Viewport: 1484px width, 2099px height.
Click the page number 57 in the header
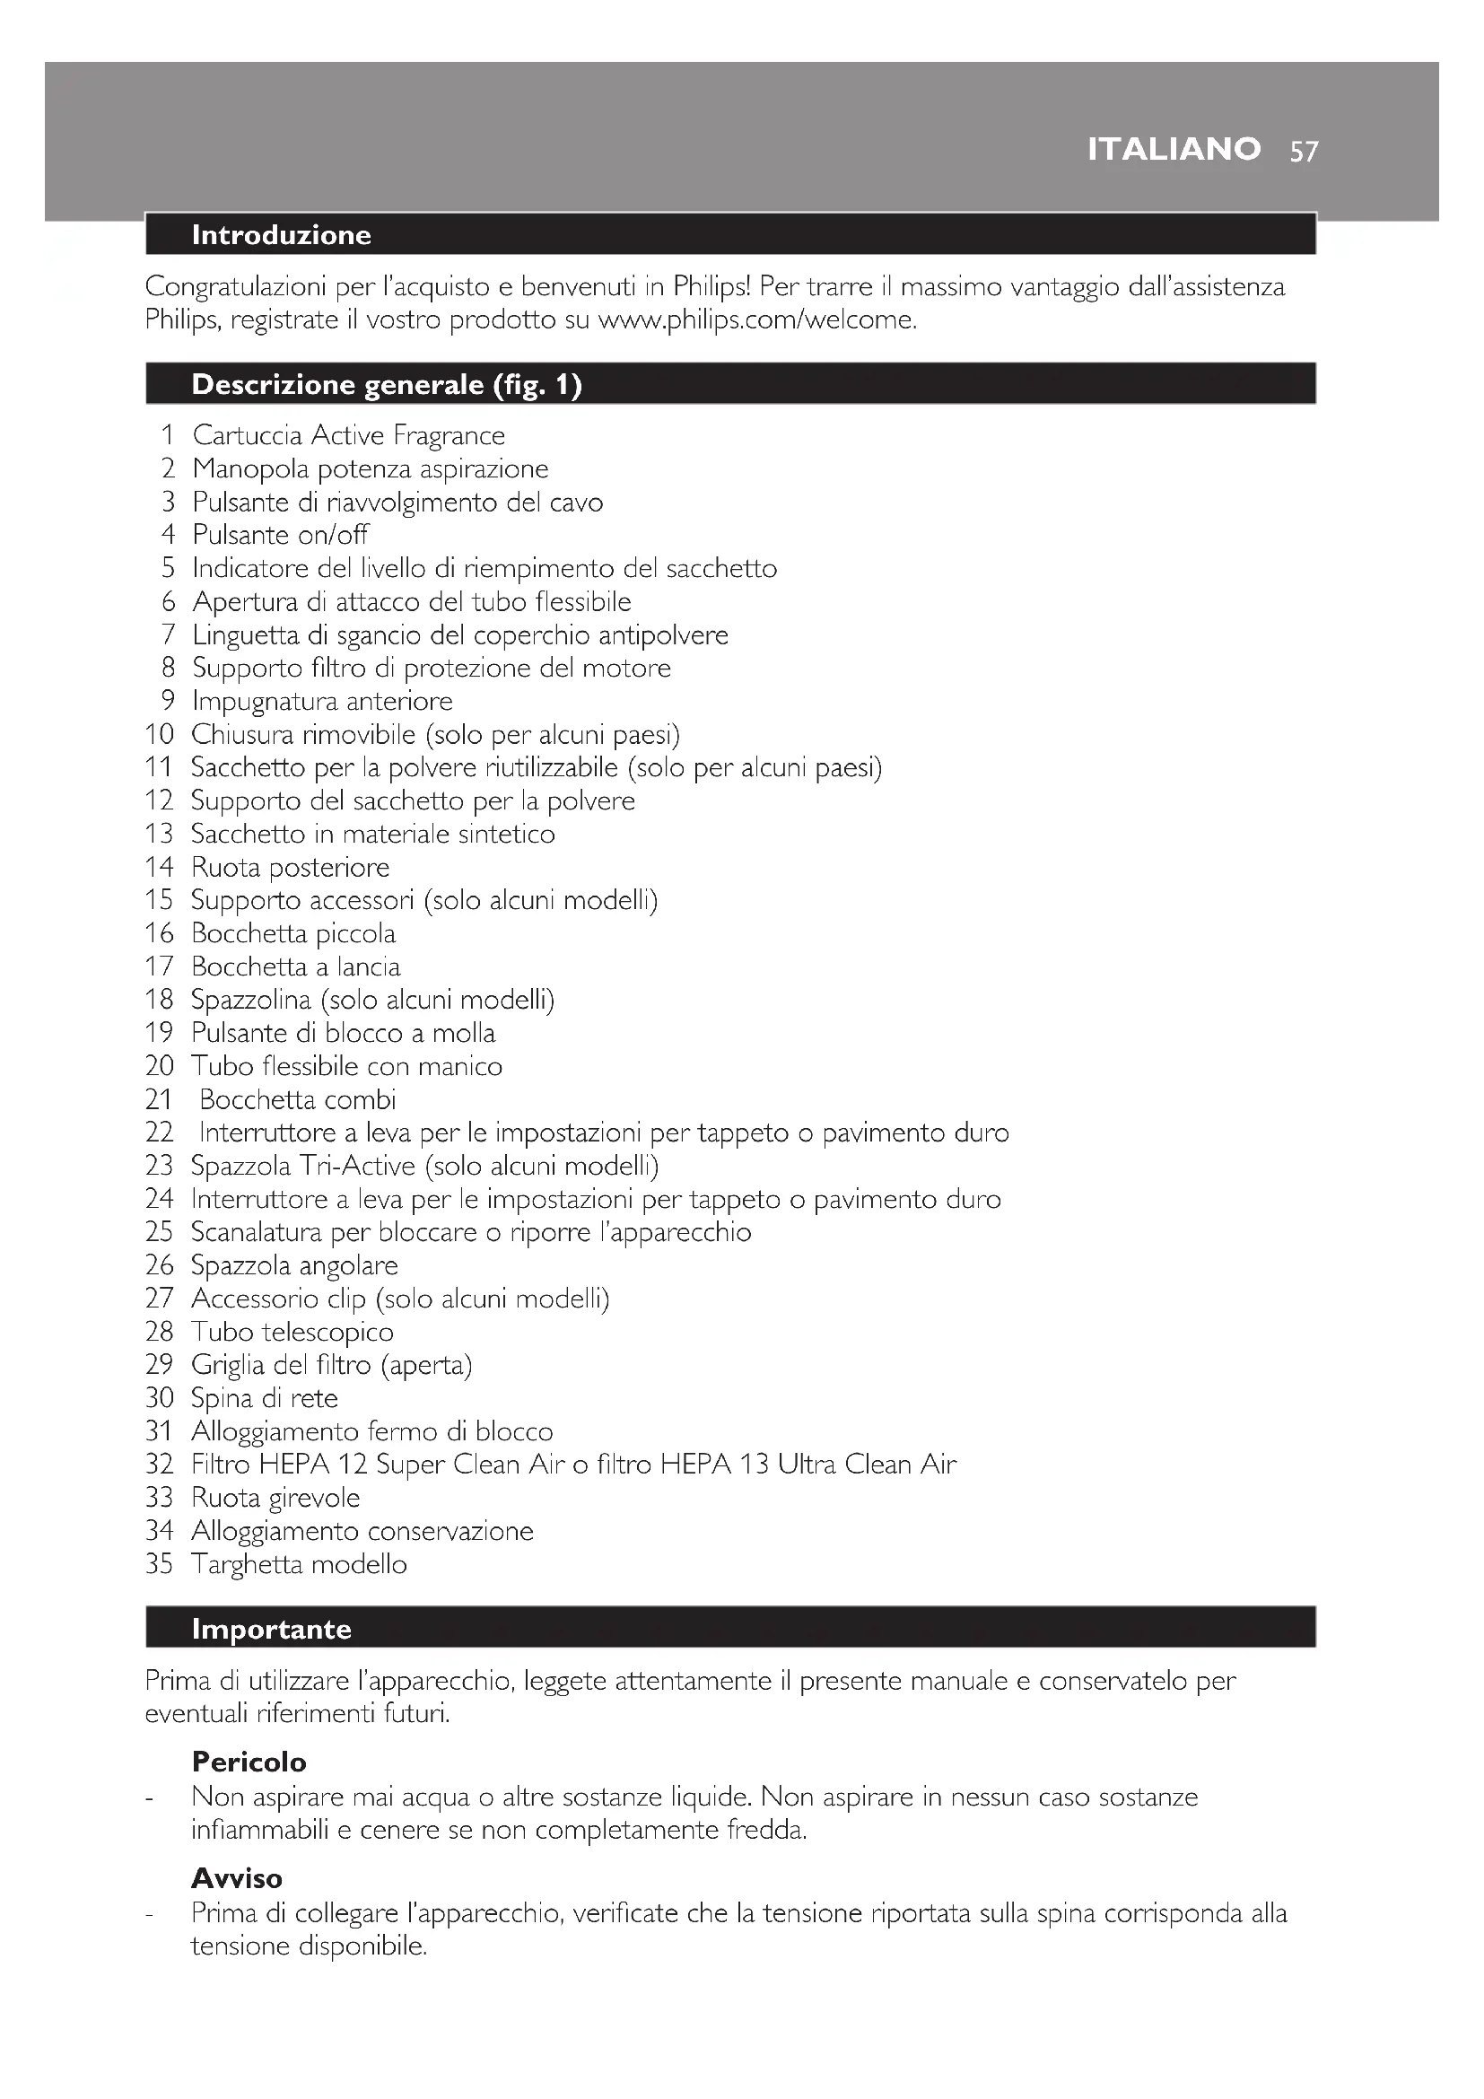point(1304,151)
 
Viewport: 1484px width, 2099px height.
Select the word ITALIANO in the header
point(1174,149)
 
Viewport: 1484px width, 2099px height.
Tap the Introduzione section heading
point(282,235)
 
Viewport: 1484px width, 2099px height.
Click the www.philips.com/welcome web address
point(755,320)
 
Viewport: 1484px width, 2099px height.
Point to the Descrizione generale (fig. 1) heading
point(387,385)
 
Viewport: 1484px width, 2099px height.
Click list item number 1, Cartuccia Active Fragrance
point(348,435)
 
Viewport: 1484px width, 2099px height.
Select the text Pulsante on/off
point(280,535)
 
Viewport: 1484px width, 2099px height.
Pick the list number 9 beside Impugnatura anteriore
point(167,701)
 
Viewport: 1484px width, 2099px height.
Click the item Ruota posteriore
point(290,867)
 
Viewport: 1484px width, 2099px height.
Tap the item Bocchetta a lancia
point(295,966)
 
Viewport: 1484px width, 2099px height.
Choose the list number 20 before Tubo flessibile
point(159,1066)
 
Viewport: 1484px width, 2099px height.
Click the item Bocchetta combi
point(297,1099)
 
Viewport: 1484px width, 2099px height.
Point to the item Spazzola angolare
point(294,1265)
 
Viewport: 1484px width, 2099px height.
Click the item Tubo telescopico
point(292,1332)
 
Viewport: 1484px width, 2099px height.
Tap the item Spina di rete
point(264,1398)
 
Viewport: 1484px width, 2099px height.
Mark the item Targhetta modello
point(299,1564)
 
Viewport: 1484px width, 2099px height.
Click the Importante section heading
point(271,1629)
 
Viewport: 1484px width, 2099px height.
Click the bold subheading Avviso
point(237,1878)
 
